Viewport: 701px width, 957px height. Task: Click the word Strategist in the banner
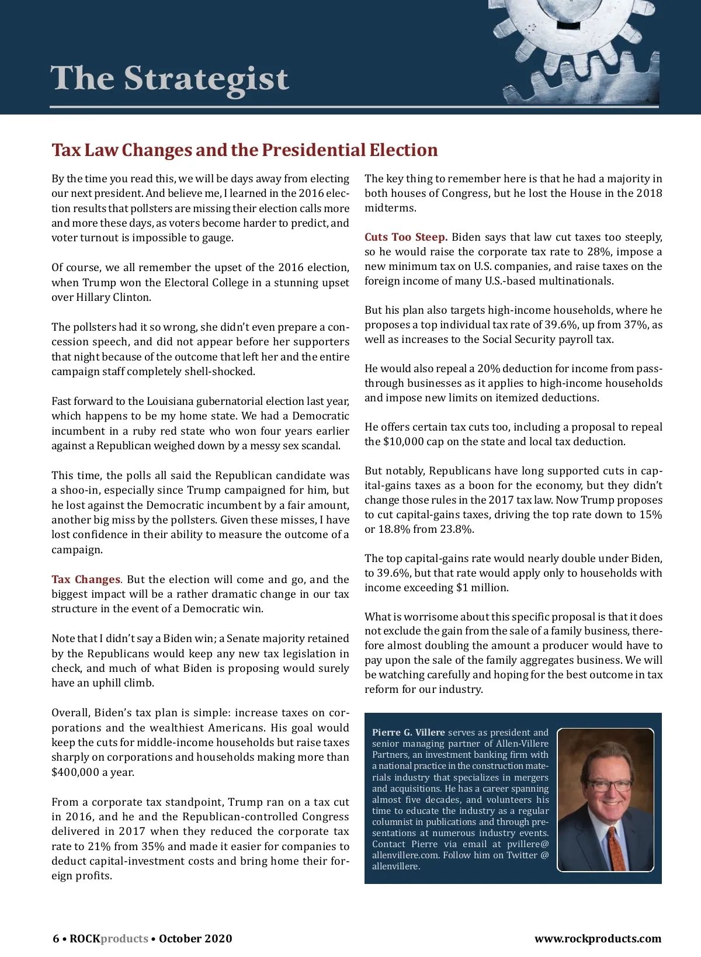tap(206, 79)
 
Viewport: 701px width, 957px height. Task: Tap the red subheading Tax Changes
tap(86, 580)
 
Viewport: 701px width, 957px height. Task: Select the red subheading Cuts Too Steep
tap(406, 237)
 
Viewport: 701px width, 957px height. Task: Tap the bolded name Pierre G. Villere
tap(408, 733)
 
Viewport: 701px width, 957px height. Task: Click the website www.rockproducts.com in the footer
tap(598, 939)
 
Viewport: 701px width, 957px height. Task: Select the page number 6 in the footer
tap(56, 939)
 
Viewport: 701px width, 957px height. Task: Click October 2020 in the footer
tap(195, 939)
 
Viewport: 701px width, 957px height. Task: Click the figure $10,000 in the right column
tap(403, 442)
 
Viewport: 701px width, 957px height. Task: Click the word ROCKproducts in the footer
tap(109, 939)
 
